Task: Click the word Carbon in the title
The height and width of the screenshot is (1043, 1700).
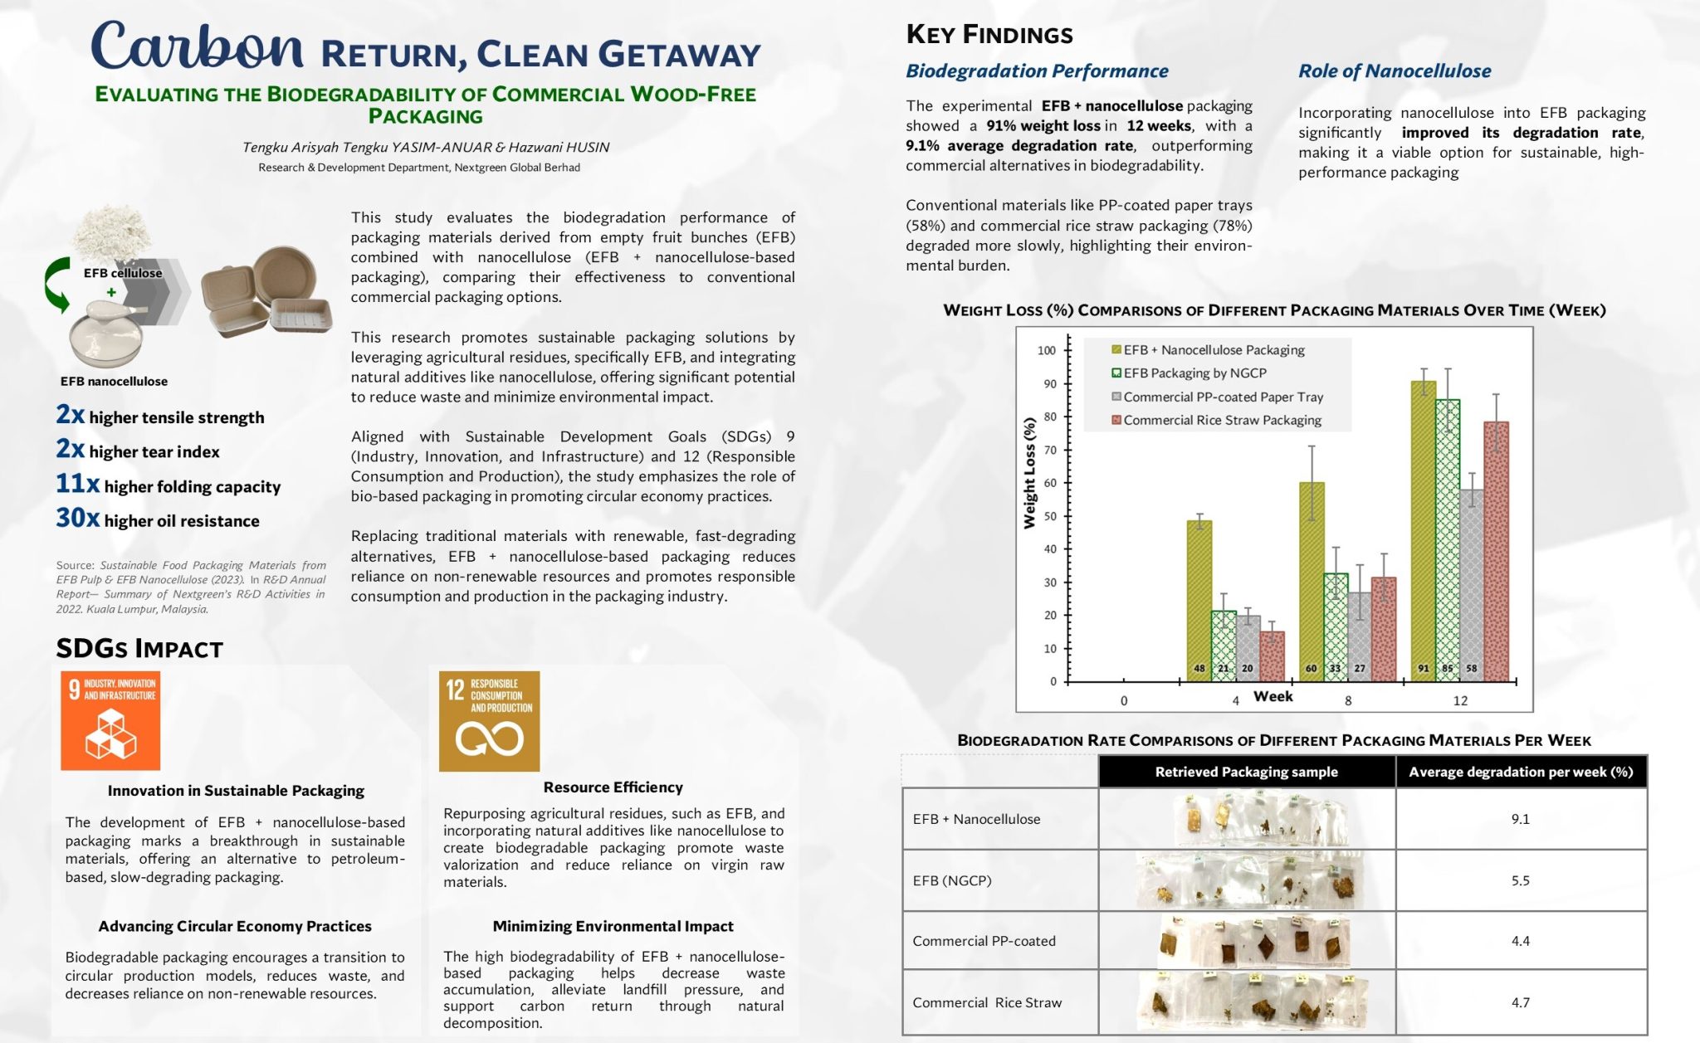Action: (198, 46)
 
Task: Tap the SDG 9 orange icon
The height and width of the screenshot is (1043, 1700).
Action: (110, 720)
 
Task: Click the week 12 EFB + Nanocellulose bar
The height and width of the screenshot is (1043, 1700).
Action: (1423, 531)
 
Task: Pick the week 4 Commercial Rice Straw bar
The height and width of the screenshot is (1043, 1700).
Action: (1272, 656)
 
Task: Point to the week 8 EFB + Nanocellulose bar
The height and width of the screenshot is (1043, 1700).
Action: (1311, 581)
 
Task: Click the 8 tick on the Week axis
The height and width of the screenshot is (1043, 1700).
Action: (1348, 700)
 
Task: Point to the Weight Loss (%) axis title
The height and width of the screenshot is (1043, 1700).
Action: (1029, 473)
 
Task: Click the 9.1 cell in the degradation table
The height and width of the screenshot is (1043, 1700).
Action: (1520, 819)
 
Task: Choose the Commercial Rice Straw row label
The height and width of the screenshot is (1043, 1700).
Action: (987, 1002)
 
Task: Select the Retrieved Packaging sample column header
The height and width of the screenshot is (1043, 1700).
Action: (1246, 772)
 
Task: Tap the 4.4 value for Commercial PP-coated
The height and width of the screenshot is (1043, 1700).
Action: (1520, 941)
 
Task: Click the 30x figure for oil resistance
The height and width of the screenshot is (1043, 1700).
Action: (77, 518)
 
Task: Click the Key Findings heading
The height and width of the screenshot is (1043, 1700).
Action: (989, 34)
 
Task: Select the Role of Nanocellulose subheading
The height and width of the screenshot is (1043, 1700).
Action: (1395, 71)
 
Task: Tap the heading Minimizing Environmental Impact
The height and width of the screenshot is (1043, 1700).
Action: (613, 926)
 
